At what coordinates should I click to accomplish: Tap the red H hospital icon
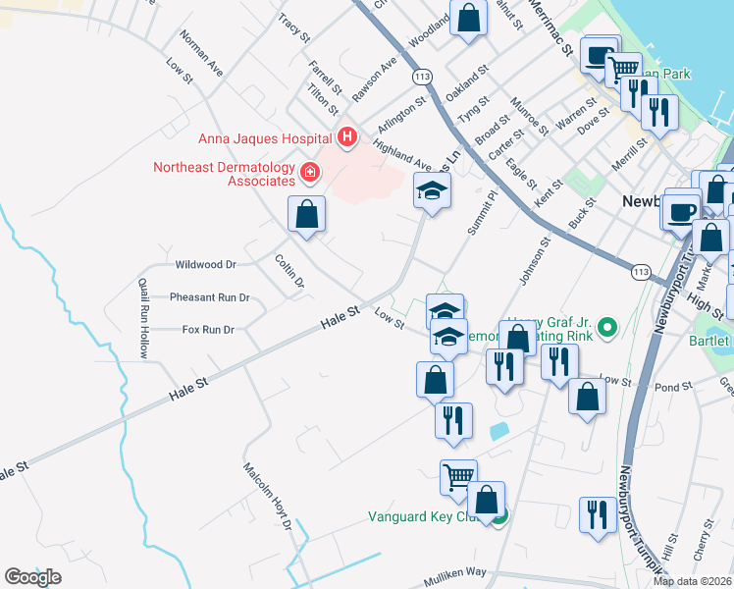tap(345, 137)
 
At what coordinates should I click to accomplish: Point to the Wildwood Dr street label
tap(206, 265)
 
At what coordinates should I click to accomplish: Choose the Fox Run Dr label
tap(208, 330)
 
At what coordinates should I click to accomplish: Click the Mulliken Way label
tap(455, 571)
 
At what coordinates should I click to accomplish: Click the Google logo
tap(32, 577)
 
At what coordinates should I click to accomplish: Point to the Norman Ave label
tap(201, 53)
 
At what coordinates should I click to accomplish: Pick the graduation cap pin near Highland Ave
tap(431, 190)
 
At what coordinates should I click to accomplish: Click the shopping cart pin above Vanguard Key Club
tap(458, 477)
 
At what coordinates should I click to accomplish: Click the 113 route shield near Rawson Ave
tap(423, 77)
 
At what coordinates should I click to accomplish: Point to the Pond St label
tap(673, 387)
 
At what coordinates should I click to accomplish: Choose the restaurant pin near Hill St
tap(597, 514)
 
